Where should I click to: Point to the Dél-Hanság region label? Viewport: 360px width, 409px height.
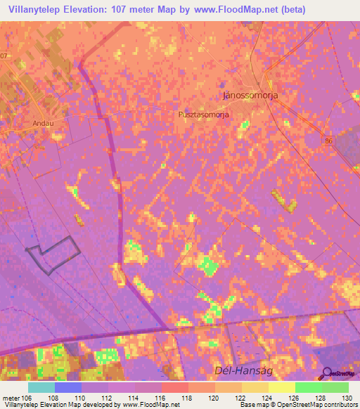(x=241, y=370)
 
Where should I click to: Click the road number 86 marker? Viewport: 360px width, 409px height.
(x=329, y=142)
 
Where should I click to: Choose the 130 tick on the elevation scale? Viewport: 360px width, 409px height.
(x=347, y=396)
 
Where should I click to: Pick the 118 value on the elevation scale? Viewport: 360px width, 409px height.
(x=188, y=396)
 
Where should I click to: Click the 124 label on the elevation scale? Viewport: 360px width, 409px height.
(x=267, y=396)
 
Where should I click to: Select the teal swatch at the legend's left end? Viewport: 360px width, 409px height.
(x=41, y=387)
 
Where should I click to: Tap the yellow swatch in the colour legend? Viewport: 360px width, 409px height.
(x=281, y=387)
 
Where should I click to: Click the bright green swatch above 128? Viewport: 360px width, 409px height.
(x=308, y=387)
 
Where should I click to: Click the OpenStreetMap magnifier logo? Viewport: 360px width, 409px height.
(x=327, y=373)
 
